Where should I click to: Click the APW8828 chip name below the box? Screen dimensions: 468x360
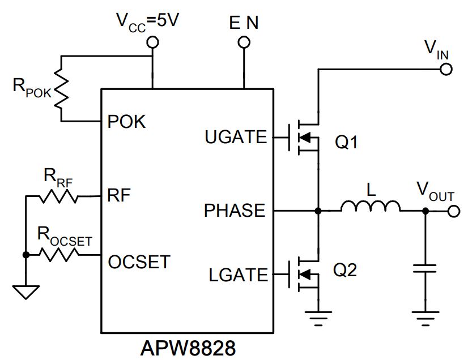point(188,348)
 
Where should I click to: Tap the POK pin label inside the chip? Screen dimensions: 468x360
point(126,121)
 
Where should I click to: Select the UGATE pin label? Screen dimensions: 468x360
point(236,137)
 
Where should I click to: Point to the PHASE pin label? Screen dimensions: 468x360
point(235,210)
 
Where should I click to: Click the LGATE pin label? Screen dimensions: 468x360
point(238,275)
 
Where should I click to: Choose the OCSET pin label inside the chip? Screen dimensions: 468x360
point(139,262)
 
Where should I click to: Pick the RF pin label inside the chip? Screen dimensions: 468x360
point(119,195)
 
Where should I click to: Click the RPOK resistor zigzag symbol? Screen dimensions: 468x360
point(61,88)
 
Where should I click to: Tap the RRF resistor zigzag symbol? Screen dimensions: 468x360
point(59,196)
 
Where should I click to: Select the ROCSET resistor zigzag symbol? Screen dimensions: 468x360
point(59,255)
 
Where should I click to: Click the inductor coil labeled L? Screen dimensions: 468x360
point(371,207)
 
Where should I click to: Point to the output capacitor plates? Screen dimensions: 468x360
point(425,268)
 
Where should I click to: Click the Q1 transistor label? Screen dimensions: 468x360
point(346,142)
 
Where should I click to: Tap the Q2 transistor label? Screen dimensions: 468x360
point(344,270)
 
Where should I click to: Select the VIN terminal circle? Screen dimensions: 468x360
point(446,70)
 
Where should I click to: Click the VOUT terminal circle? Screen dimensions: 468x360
point(454,211)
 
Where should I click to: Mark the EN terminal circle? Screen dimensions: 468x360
point(244,42)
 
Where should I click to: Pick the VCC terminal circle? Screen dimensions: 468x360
point(152,42)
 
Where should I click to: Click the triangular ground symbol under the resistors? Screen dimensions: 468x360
point(26,292)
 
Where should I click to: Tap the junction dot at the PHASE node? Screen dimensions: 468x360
point(318,211)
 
